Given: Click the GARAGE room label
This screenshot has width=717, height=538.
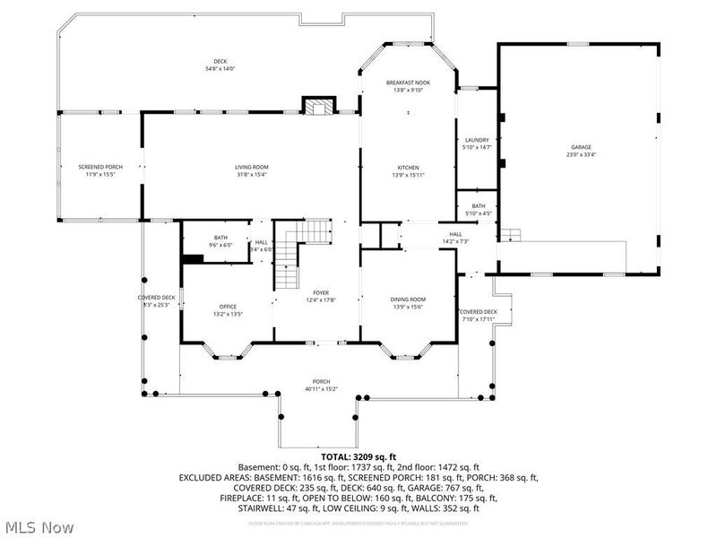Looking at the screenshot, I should (x=581, y=147).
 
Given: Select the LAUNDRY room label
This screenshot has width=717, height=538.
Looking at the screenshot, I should (x=477, y=140).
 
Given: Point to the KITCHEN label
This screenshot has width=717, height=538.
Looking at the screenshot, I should (x=409, y=168).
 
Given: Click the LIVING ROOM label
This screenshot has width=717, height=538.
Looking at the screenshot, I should (x=252, y=167).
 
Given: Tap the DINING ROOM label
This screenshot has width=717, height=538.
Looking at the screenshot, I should (x=408, y=299).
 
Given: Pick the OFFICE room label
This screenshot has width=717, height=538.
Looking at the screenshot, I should (x=227, y=307).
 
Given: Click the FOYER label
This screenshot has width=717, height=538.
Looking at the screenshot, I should (x=321, y=293).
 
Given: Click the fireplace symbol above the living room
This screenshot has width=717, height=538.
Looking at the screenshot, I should (x=315, y=107).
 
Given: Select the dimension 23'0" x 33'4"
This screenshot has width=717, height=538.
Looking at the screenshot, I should (x=581, y=154).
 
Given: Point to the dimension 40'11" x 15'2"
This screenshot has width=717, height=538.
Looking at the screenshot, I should (x=321, y=387).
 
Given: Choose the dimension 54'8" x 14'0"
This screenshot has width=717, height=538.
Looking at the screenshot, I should (x=208, y=69).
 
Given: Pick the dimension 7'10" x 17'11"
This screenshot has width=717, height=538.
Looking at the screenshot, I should (x=479, y=319).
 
